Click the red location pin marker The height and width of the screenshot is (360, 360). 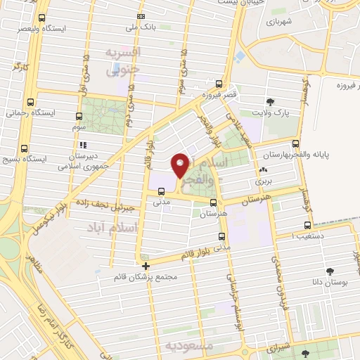coord(180,165)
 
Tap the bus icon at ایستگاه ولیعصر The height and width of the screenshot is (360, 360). coord(41,19)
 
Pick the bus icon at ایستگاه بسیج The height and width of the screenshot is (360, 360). coord(25,148)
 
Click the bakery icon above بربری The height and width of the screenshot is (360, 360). coord(263,169)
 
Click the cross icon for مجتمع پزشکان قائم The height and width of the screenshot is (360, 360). coord(146,266)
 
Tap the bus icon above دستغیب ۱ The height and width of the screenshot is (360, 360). coord(307,225)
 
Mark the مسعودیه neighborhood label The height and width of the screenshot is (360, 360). coord(191,346)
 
